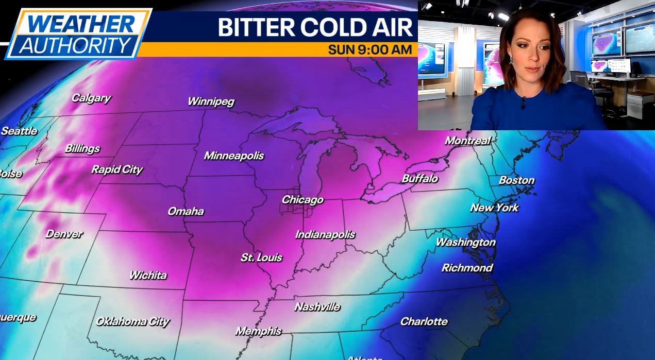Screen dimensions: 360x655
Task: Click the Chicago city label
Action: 303,200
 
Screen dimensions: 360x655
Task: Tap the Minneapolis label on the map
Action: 233,156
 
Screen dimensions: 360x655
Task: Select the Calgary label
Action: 91,98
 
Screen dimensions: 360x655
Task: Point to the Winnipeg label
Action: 210,101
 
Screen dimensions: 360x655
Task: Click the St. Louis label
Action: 261,258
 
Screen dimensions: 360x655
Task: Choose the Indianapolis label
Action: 325,235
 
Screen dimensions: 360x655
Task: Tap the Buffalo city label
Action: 419,179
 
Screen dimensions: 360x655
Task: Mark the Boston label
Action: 516,180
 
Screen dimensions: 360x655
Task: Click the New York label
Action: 494,208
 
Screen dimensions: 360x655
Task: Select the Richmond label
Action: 467,268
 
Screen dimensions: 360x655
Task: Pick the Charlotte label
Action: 424,321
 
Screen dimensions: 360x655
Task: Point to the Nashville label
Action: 317,307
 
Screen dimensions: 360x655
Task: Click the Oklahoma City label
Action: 132,322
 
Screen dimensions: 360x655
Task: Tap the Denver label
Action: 64,234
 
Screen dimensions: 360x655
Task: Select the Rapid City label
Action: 117,169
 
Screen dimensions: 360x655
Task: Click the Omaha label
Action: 186,211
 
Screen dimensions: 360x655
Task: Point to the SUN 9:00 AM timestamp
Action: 370,50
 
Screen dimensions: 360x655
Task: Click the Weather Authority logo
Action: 77,33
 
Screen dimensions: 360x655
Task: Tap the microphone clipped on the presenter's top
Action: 523,102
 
